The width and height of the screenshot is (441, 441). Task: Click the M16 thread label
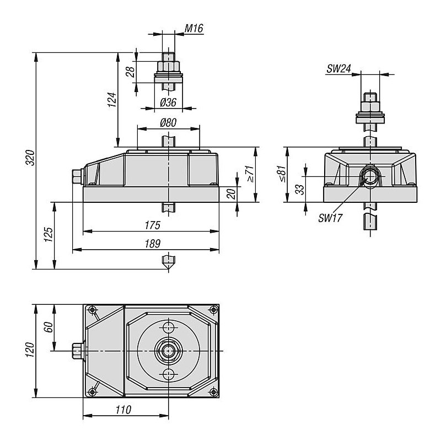(x=193, y=28)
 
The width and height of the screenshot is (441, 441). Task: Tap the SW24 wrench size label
(x=338, y=68)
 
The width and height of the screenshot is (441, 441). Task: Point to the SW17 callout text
(x=330, y=218)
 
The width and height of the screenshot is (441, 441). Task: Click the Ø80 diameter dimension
(x=168, y=122)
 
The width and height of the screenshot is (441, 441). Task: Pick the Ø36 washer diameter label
(x=168, y=103)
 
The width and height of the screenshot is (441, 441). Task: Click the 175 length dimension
(x=153, y=225)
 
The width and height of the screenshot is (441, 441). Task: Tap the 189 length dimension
(x=153, y=244)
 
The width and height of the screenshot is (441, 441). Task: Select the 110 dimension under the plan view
(x=123, y=410)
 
